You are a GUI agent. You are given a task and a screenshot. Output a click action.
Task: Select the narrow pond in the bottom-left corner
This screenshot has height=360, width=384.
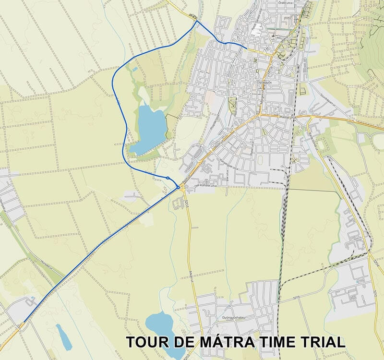pos(63,336)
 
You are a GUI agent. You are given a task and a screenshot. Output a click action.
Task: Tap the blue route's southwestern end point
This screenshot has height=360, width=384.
pos(23,321)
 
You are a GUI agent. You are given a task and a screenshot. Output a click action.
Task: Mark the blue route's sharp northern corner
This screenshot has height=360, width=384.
pos(196,21)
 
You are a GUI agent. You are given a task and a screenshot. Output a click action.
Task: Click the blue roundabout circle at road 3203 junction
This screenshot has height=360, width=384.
pos(179,187)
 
